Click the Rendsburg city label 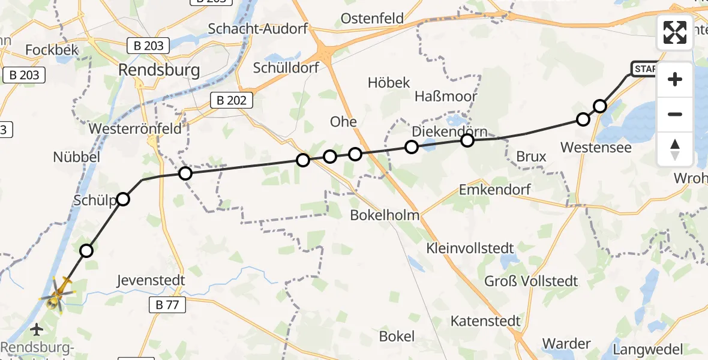point(159,70)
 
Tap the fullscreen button point(675,32)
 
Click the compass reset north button point(675,149)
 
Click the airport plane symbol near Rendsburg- point(37,329)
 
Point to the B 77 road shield point(167,305)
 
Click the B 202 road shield point(231,100)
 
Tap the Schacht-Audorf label point(257,28)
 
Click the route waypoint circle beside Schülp point(123,199)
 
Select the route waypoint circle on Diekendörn point(467,140)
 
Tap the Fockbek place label point(53,50)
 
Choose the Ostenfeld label point(372,19)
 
